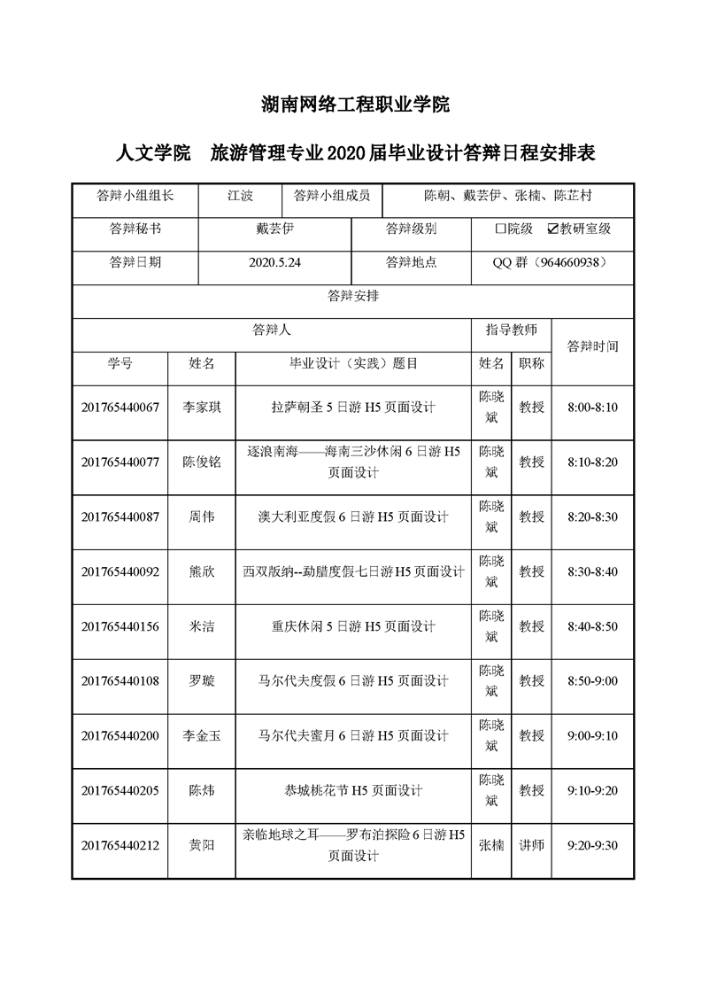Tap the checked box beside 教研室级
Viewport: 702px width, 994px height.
click(x=553, y=229)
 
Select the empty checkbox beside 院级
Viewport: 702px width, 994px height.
click(x=500, y=229)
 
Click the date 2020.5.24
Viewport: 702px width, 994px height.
click(x=275, y=262)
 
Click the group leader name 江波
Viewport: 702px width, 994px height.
click(x=239, y=195)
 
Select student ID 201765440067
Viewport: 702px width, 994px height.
click(x=120, y=408)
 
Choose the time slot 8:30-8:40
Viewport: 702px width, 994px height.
click(x=592, y=571)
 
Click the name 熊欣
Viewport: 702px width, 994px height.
click(x=202, y=571)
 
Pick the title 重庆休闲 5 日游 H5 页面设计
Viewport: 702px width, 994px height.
click(x=353, y=626)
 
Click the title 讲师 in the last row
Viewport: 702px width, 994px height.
click(x=531, y=845)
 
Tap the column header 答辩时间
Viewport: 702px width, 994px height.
click(x=592, y=346)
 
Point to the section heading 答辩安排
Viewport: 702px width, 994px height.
click(x=353, y=296)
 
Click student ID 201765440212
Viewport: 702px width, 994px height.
click(x=120, y=845)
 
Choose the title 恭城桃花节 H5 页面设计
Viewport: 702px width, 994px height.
click(x=353, y=790)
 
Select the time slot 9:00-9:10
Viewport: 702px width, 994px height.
click(x=592, y=735)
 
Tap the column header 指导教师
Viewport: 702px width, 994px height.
click(x=511, y=330)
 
